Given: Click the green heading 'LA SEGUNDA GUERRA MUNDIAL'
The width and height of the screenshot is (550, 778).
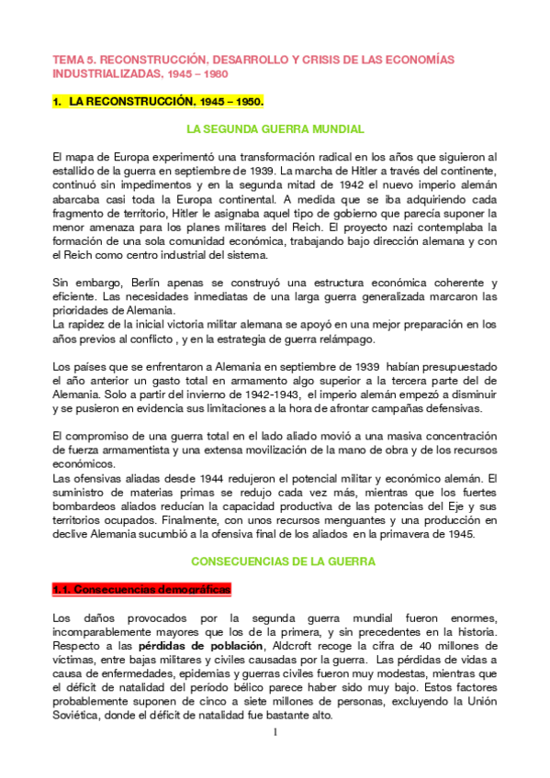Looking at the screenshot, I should [275, 129].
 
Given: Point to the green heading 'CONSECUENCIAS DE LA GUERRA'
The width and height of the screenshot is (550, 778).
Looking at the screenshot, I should [275, 560].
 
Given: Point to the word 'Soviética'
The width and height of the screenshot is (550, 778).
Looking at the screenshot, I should [79, 716].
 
